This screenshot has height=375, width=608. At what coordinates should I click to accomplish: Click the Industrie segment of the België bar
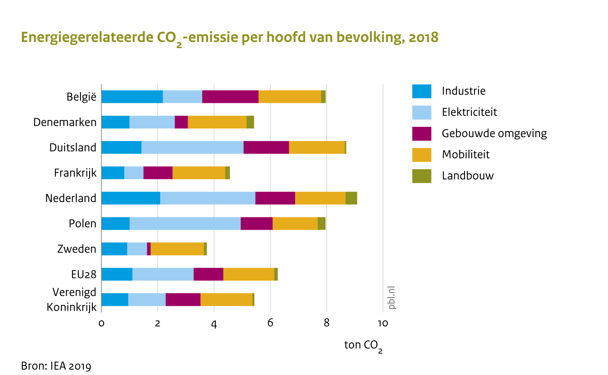pos(132,97)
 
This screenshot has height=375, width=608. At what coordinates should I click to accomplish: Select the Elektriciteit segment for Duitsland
pos(192,147)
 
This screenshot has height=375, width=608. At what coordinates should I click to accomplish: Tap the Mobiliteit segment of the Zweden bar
pos(177,249)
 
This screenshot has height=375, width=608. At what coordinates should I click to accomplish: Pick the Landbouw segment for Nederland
pos(351,198)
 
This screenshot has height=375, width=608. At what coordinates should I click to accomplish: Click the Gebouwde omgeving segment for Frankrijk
pos(158,173)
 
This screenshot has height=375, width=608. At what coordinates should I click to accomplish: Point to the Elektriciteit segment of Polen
pos(185,224)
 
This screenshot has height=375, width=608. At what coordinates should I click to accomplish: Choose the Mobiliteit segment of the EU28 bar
pos(249,274)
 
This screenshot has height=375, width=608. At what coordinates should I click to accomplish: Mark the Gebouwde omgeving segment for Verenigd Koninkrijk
pos(183,300)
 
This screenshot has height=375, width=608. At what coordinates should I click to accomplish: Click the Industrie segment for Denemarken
pos(115,122)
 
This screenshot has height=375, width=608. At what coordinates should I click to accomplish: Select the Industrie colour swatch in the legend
pos(421,91)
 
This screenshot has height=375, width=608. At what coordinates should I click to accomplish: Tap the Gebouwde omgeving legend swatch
pos(421,134)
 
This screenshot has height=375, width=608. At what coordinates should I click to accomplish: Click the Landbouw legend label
pos(468,176)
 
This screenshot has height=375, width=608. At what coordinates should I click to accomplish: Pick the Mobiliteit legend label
pos(465,155)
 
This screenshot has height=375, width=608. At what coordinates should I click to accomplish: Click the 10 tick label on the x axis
pos(383,324)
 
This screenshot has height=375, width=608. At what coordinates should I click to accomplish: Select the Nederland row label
pos(70,198)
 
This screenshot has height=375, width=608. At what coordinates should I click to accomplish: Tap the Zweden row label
pos(77,249)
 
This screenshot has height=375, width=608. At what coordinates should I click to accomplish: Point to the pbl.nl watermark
pos(392,297)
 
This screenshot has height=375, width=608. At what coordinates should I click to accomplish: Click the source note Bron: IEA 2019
pos(56,366)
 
